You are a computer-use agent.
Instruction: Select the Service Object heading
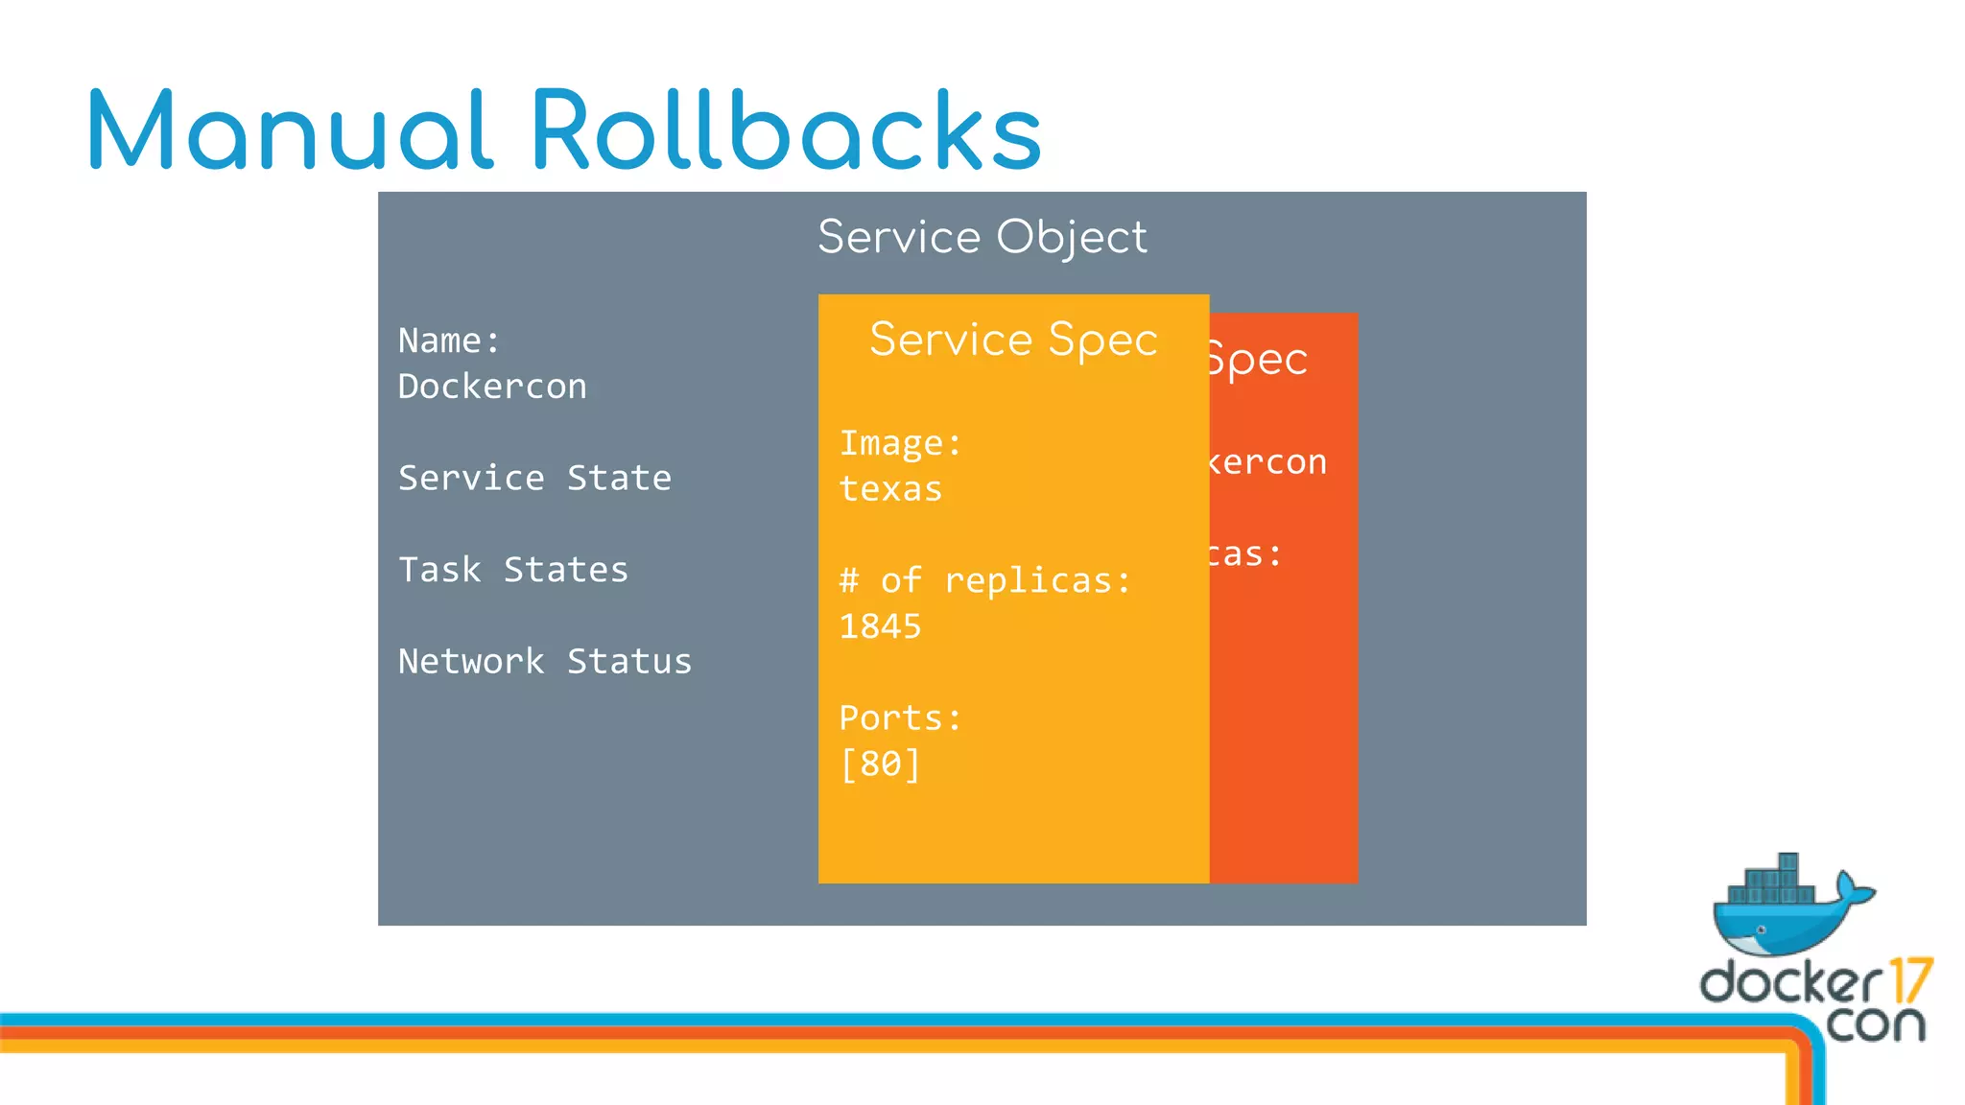click(x=982, y=237)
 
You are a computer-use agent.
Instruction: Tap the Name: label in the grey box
click(x=449, y=341)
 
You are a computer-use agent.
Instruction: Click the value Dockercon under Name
click(x=492, y=387)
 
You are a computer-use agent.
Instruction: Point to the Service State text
click(x=534, y=478)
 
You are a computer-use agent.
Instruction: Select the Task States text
click(x=513, y=570)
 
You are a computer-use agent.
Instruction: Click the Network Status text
click(x=544, y=661)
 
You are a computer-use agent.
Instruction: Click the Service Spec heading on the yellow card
click(x=1013, y=340)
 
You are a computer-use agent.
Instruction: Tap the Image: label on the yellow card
click(x=900, y=443)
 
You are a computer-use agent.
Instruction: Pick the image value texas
click(x=890, y=489)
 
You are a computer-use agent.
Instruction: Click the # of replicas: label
click(x=984, y=580)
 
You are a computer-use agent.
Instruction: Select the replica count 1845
click(x=880, y=626)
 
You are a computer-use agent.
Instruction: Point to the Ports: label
click(x=900, y=717)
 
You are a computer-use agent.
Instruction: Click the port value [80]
click(x=880, y=764)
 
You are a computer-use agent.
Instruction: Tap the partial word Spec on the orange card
click(x=1258, y=361)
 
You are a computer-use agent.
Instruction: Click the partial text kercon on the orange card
click(x=1267, y=462)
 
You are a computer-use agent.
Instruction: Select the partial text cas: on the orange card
click(x=1244, y=554)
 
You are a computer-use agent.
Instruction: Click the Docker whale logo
click(x=1789, y=906)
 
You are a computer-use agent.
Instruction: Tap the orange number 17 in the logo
click(x=1910, y=980)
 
